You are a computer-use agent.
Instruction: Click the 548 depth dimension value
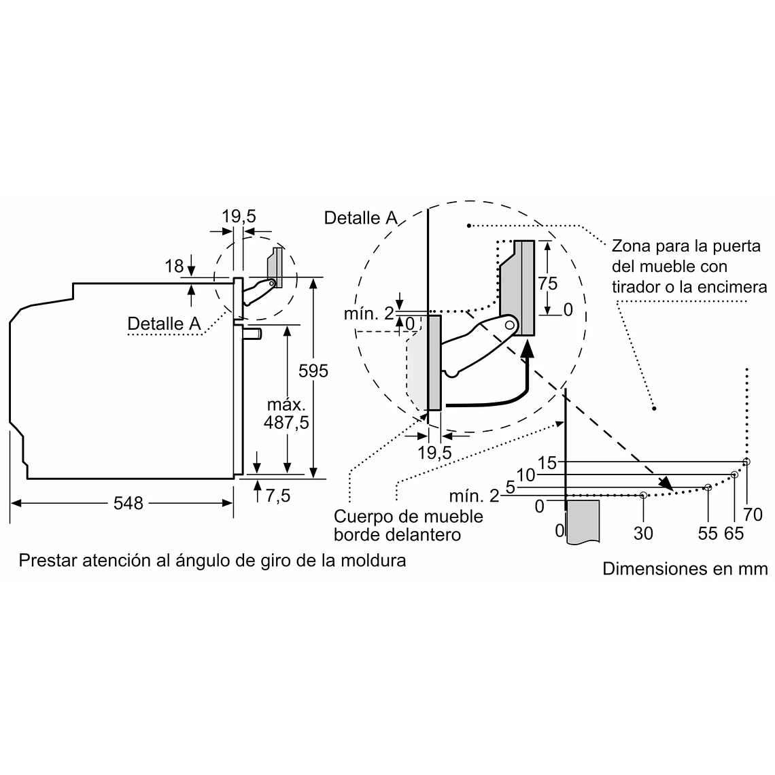128,503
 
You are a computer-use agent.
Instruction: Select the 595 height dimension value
313,371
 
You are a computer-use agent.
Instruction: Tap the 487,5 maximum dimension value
286,422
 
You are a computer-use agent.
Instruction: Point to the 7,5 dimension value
277,496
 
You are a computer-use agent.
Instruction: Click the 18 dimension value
174,266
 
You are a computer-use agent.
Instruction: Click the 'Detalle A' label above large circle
360,218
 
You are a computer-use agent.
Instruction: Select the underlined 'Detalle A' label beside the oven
164,324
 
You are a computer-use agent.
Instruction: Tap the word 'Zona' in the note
630,245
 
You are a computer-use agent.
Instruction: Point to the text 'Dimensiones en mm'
685,568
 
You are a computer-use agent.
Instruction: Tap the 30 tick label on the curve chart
643,533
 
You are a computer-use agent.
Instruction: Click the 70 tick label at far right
753,514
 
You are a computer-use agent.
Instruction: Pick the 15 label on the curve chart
547,462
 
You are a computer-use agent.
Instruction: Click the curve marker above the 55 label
708,487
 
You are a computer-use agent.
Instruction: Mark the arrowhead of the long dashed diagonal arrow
666,485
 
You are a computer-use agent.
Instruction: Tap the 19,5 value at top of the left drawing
239,216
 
